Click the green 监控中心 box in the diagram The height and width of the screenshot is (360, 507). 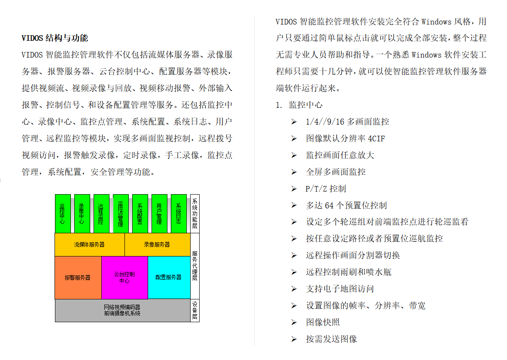click(x=63, y=214)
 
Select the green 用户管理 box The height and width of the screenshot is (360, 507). click(x=159, y=214)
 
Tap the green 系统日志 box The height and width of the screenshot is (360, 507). click(x=179, y=214)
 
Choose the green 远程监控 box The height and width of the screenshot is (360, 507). click(x=102, y=214)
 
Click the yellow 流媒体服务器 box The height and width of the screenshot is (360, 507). click(x=90, y=244)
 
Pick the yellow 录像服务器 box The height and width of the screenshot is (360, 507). click(x=158, y=244)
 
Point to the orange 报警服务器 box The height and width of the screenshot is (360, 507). click(x=78, y=278)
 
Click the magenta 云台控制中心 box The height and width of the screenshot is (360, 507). click(x=124, y=278)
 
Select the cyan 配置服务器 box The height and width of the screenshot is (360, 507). click(x=169, y=277)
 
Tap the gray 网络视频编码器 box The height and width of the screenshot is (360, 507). click(x=122, y=310)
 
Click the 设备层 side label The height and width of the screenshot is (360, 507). click(x=194, y=310)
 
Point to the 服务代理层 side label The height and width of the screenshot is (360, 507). click(x=194, y=266)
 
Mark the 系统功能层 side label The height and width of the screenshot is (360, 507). click(x=194, y=214)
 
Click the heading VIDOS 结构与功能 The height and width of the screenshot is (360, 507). click(x=55, y=38)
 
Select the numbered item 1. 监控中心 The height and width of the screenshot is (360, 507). click(x=299, y=105)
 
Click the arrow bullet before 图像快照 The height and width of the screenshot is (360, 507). click(x=294, y=322)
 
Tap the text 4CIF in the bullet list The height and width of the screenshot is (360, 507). click(x=376, y=139)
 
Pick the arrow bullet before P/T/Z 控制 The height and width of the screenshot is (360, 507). click(x=294, y=189)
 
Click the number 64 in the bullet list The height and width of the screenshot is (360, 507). click(x=329, y=205)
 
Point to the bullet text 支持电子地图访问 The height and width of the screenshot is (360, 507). click(x=340, y=289)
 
